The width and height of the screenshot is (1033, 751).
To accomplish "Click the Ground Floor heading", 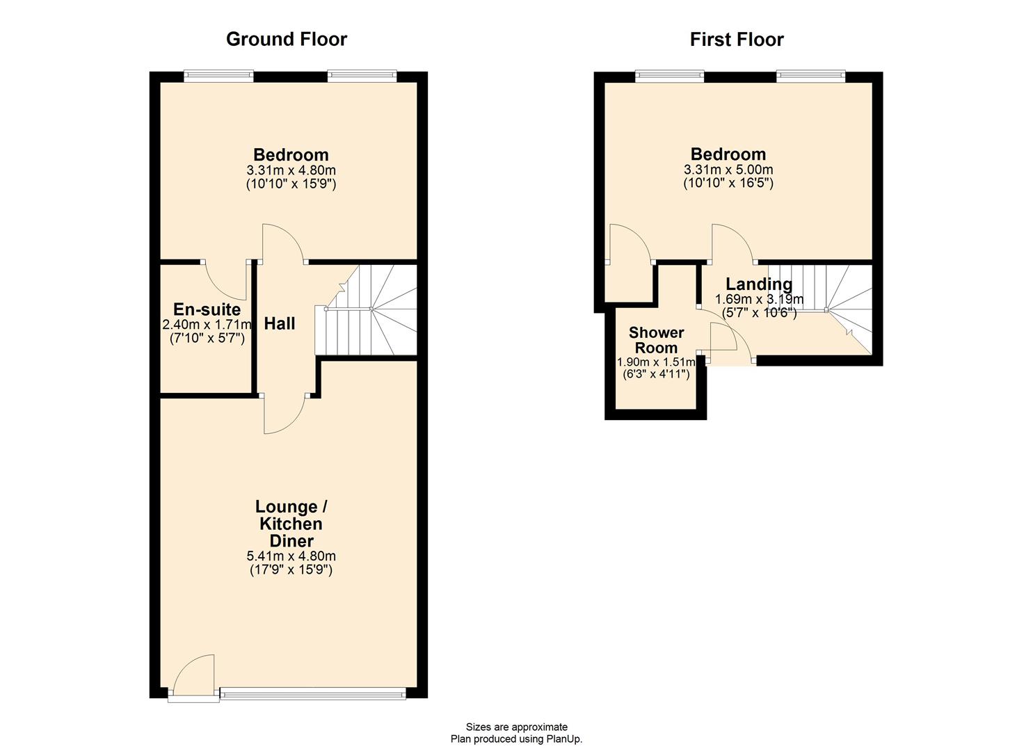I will click(286, 40).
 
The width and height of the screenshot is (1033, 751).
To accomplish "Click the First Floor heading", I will click(736, 40).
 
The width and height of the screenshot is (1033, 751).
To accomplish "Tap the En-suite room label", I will click(207, 309).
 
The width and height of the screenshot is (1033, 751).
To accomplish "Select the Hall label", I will click(280, 323).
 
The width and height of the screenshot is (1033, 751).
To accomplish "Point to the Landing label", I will click(759, 284).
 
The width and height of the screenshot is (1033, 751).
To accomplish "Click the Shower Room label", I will click(656, 340).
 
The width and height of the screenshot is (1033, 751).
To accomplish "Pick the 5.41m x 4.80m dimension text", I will click(291, 556).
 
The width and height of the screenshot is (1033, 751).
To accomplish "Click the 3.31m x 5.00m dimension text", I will click(728, 169).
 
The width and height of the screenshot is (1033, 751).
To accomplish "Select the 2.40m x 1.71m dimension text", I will click(207, 325).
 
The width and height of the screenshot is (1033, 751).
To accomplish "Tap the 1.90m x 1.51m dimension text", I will click(656, 362).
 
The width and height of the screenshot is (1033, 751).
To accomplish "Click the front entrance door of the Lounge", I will click(192, 677).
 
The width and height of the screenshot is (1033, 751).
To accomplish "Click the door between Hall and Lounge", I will click(284, 414).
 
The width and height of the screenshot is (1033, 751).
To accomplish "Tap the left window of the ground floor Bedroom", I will click(218, 76).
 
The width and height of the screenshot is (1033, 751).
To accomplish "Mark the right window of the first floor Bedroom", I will click(811, 76).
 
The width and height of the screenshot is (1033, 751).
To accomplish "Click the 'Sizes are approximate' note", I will click(516, 727).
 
